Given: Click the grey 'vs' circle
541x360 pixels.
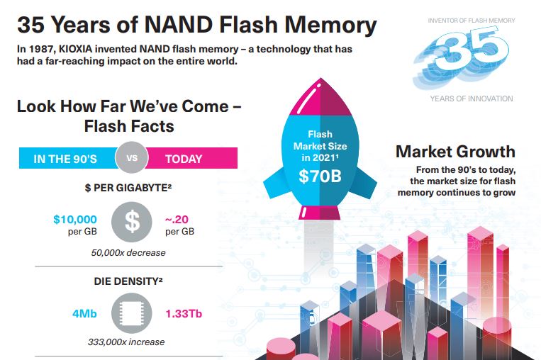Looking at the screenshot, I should pyautogui.click(x=132, y=158).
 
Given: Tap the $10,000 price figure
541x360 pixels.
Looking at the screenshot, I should pyautogui.click(x=75, y=220).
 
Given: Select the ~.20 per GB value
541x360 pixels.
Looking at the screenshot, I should pyautogui.click(x=179, y=220).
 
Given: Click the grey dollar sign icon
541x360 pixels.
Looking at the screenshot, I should pyautogui.click(x=132, y=222).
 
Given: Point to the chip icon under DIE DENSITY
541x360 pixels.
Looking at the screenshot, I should pyautogui.click(x=132, y=313).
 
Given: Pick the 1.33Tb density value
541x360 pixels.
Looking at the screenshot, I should pyautogui.click(x=183, y=313).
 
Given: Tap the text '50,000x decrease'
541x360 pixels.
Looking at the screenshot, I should pyautogui.click(x=128, y=252).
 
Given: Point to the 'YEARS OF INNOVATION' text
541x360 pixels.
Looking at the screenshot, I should pyautogui.click(x=471, y=99).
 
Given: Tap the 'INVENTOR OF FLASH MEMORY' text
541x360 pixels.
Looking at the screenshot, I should pyautogui.click(x=471, y=21).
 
